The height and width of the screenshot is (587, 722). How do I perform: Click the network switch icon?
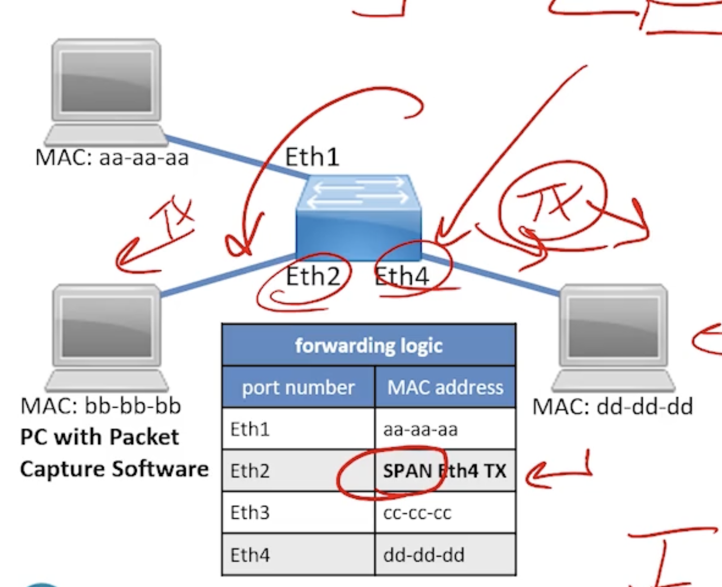point(359,218)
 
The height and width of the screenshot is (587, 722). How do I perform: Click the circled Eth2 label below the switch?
point(313,277)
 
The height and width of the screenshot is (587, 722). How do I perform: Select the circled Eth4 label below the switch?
point(402,276)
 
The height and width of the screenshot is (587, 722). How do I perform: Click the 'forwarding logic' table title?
point(369,345)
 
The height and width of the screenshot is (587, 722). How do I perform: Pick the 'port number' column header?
point(298,388)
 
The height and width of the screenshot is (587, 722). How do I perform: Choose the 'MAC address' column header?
point(445,388)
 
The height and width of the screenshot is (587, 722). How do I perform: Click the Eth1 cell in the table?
point(250,429)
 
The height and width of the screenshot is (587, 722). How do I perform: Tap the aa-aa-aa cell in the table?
point(420,429)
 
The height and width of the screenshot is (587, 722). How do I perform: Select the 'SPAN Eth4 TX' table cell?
point(445,471)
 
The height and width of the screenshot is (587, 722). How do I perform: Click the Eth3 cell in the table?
point(250,513)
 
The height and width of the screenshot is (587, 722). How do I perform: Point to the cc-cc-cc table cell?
point(417,513)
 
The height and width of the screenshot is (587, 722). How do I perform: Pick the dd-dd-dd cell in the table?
point(424,555)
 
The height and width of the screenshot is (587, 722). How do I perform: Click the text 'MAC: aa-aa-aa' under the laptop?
point(112,158)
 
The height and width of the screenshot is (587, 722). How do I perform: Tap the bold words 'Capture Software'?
point(114,469)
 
